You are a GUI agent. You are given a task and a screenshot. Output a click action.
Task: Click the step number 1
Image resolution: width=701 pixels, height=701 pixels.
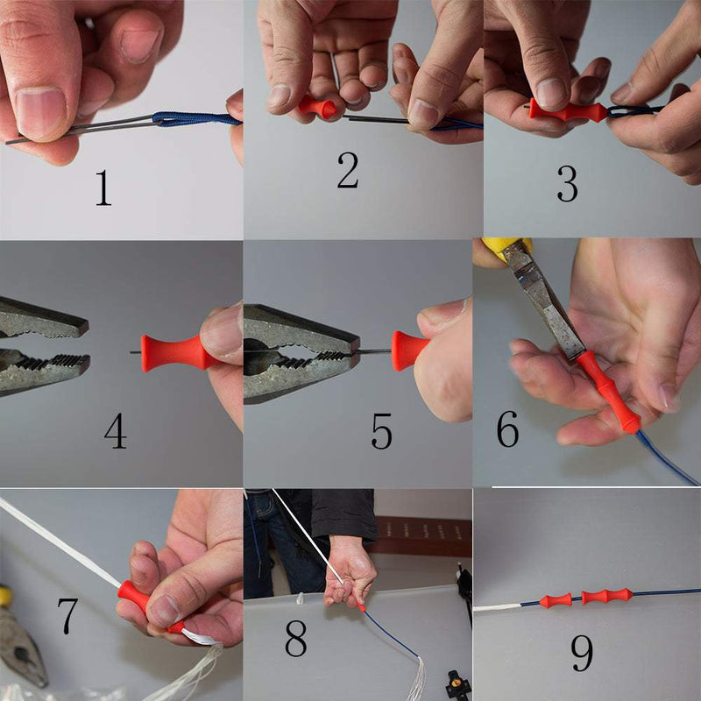pos(103,188)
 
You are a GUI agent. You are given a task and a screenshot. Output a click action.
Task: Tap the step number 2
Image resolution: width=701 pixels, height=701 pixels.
pos(347,172)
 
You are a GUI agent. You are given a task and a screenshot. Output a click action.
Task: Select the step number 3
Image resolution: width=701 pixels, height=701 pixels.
pos(567,182)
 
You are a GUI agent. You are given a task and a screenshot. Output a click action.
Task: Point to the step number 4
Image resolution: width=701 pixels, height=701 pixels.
pos(115,430)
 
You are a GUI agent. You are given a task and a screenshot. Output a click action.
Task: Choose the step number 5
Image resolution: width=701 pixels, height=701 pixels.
pos(381,431)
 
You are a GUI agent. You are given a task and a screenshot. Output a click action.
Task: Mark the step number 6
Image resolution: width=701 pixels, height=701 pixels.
pos(508,427)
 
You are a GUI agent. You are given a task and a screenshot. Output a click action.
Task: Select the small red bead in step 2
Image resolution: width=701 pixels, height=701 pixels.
pos(317,107)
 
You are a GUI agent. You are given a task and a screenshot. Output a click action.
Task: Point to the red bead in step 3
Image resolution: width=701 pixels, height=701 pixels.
pos(567,110)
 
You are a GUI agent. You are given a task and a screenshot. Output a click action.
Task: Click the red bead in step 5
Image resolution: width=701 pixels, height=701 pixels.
pos(408,350)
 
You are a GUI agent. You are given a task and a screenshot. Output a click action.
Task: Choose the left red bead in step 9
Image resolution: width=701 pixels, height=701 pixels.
pos(556,600)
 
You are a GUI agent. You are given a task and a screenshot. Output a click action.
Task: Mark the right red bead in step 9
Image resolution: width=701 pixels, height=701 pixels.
pos(609,596)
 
